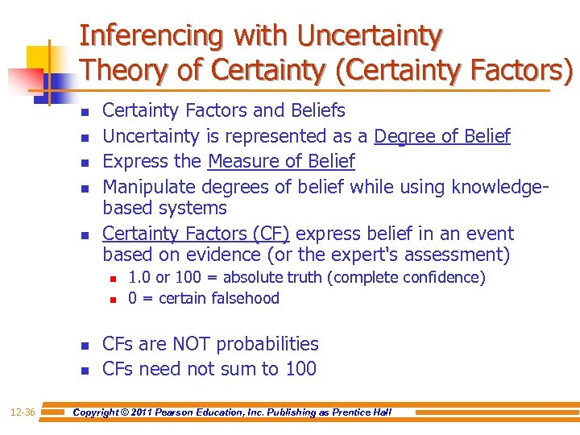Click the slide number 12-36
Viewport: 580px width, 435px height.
[x=23, y=412]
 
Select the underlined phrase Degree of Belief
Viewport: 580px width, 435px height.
[x=442, y=136]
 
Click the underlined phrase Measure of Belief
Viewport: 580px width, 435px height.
[x=281, y=161]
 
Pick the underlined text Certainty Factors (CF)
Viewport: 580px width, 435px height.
[x=196, y=234]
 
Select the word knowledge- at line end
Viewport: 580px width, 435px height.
[x=499, y=186]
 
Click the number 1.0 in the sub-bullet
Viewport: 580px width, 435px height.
[x=139, y=278]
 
